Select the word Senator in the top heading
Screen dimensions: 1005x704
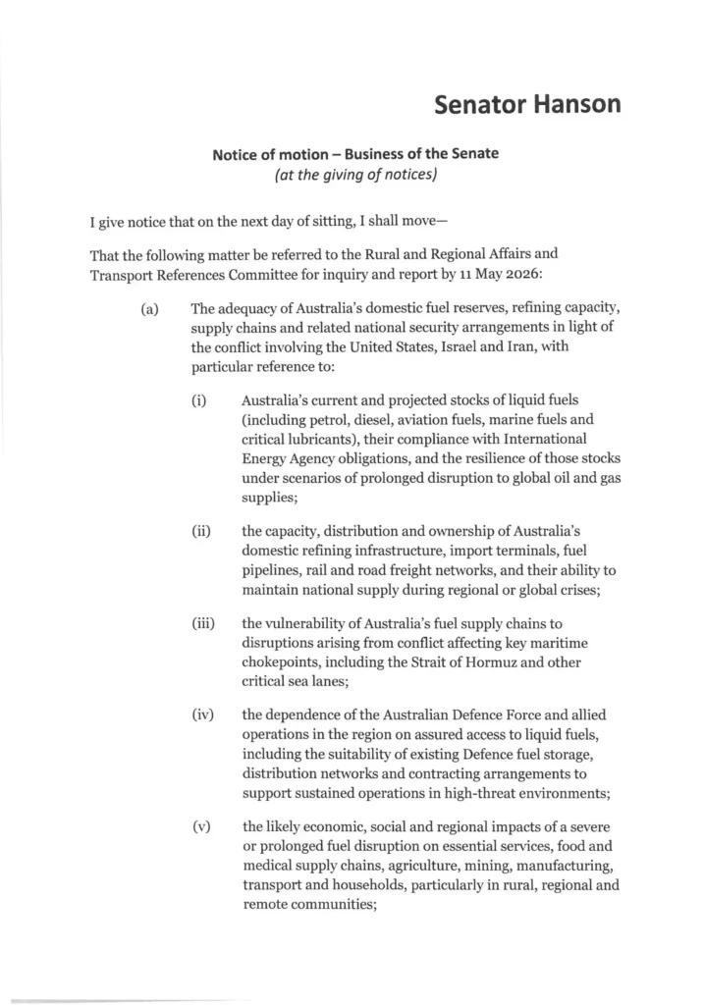click(x=475, y=103)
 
